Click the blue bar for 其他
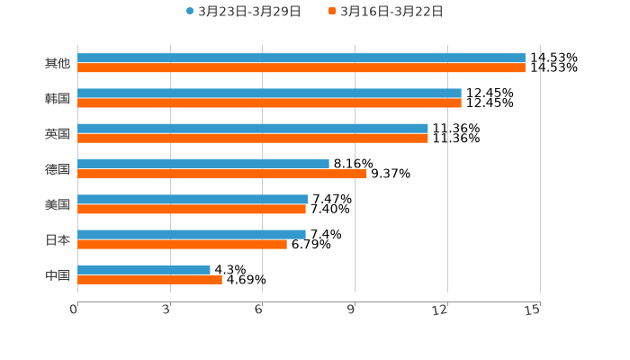coord(301,58)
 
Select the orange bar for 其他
coord(301,67)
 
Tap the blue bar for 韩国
coord(269,93)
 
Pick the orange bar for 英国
coord(253,138)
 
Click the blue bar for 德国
coord(203,164)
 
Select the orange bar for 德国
coord(222,174)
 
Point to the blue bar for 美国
coord(193,199)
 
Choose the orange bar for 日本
coord(182,244)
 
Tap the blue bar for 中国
coord(144,269)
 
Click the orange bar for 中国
coord(149,279)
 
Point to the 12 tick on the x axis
coord(440,310)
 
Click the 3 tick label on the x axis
coord(166,310)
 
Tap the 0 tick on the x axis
coord(74,310)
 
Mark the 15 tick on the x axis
coord(532,310)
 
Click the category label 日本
coord(58,239)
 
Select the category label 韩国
coord(58,98)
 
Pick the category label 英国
coord(58,133)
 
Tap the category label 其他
coord(58,63)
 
